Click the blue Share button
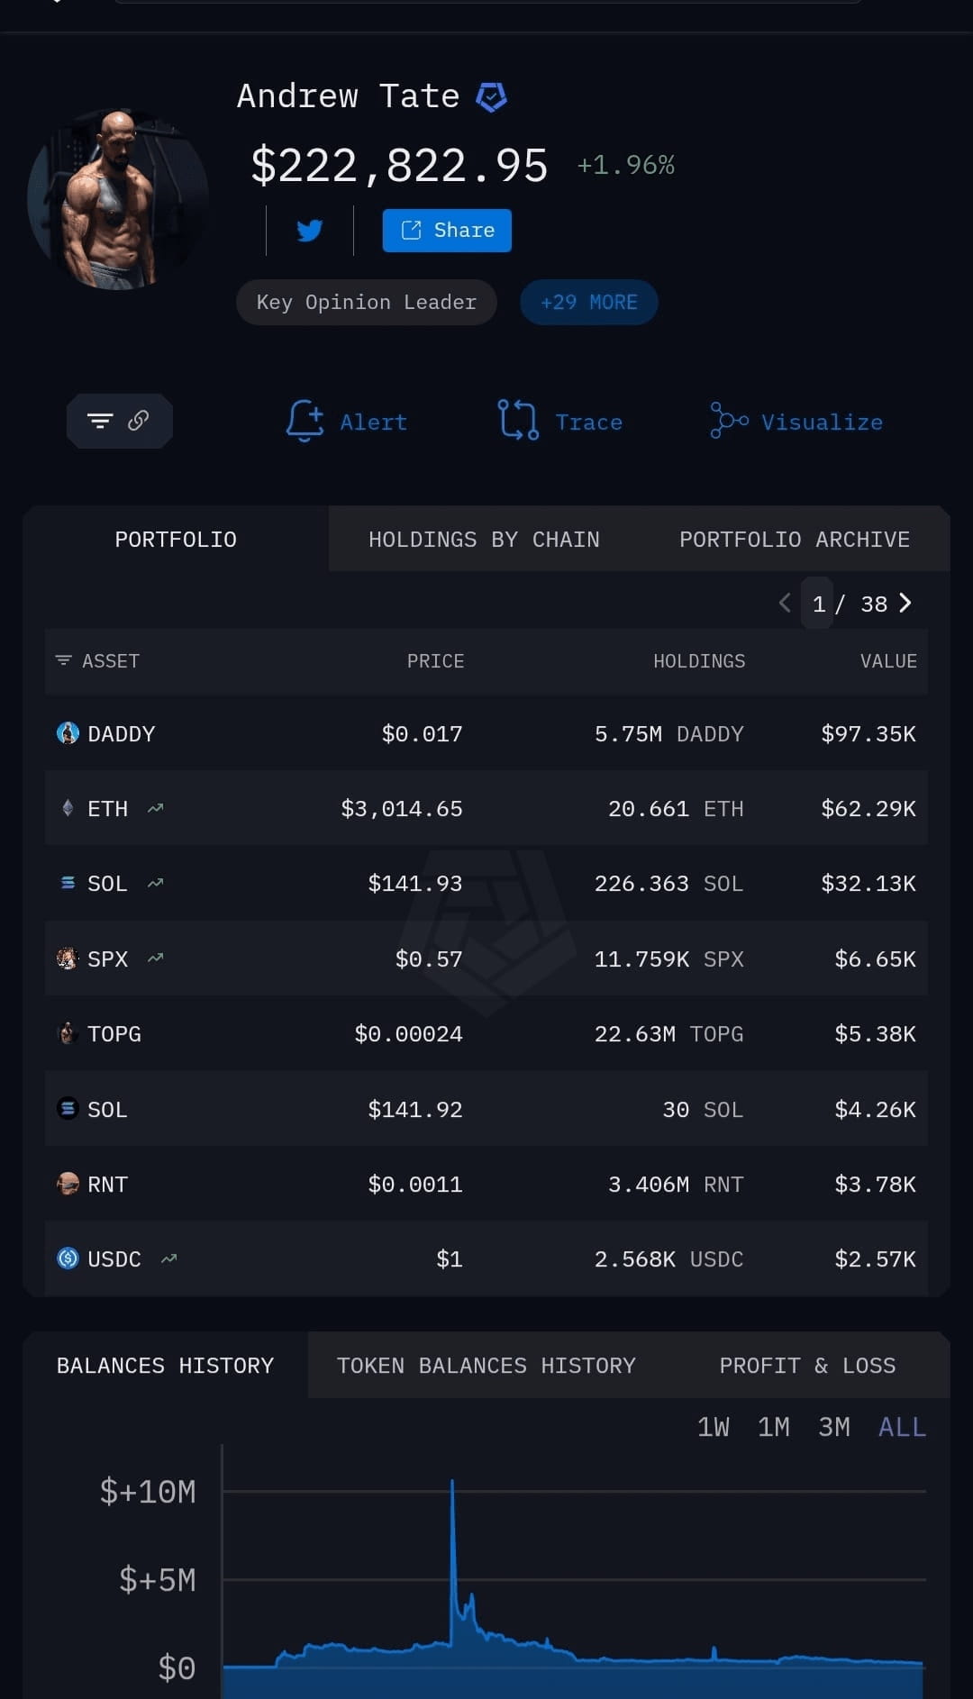point(447,231)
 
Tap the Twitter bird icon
point(310,231)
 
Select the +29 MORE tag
point(589,303)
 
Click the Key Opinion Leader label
point(367,303)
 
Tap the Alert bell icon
point(305,421)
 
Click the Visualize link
point(796,421)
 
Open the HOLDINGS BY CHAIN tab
point(484,540)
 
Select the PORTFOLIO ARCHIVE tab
point(795,540)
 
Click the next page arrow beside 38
point(905,603)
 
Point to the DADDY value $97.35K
point(868,734)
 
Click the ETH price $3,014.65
point(402,809)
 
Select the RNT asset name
point(107,1185)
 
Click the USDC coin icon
point(68,1258)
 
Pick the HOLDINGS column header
point(699,661)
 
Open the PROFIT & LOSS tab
point(807,1366)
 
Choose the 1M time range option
point(773,1427)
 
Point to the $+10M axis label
point(148,1492)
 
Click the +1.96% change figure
point(626,165)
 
